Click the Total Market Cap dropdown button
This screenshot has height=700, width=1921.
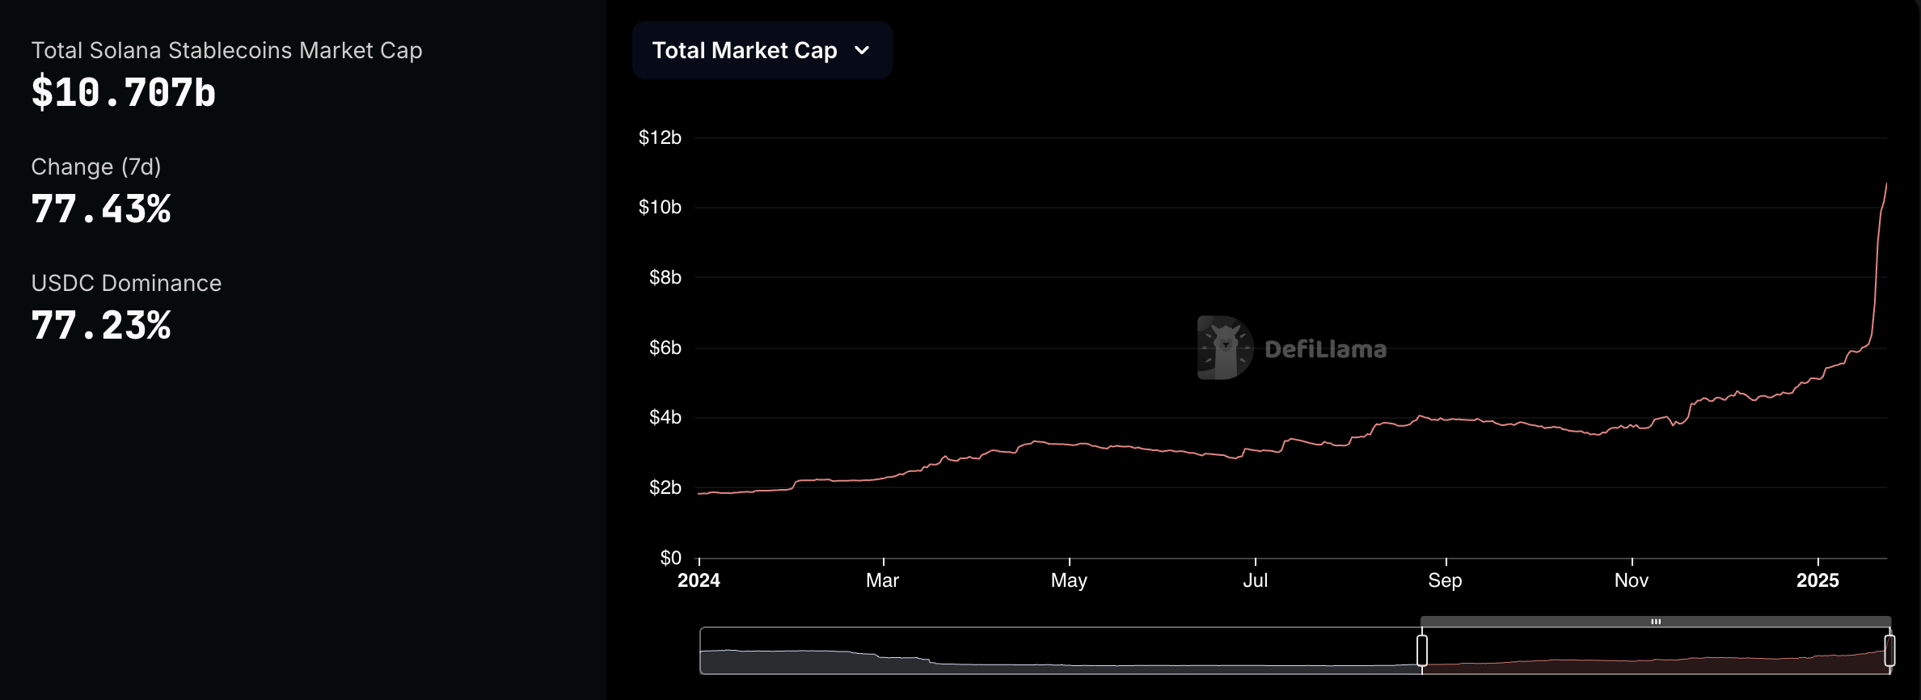point(762,50)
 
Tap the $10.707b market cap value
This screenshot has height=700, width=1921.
point(124,93)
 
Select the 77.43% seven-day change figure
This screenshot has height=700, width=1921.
point(101,209)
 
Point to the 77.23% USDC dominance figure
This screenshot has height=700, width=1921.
point(101,326)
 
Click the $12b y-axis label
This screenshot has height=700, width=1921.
point(660,138)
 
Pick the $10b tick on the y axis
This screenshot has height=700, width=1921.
point(660,208)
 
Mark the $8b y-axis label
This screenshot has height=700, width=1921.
point(665,278)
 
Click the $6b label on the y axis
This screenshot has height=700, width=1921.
point(665,348)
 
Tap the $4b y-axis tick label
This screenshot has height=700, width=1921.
point(665,418)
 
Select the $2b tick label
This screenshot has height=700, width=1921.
point(665,488)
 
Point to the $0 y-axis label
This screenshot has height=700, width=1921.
point(670,558)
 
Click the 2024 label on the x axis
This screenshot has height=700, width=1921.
point(699,580)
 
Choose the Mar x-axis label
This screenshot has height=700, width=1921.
point(882,580)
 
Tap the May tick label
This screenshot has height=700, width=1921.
point(1069,580)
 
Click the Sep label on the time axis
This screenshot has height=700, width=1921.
point(1445,580)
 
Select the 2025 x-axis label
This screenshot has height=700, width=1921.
point(1818,580)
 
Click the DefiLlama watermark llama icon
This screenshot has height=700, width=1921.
point(1225,348)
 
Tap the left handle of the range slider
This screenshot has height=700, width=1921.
point(1422,651)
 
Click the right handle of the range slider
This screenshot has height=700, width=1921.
point(1889,651)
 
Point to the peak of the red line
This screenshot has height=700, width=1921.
point(1886,184)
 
